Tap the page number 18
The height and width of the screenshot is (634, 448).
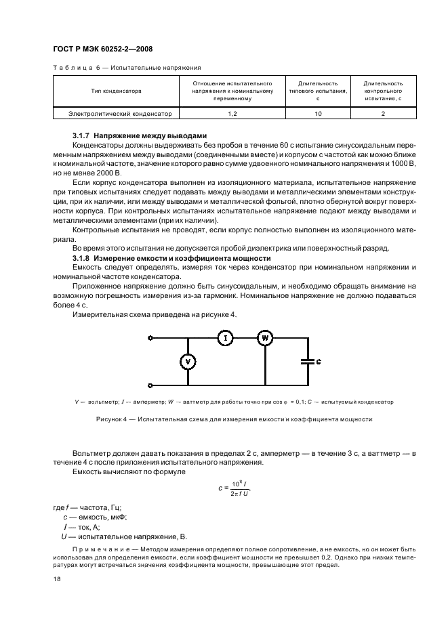pos(57,578)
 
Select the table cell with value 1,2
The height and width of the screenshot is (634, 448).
pos(232,114)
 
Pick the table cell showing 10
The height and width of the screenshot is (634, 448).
pos(318,114)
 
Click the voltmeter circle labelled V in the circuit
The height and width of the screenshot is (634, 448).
pos(188,362)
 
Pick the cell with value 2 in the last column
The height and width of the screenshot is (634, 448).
pos(383,114)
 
